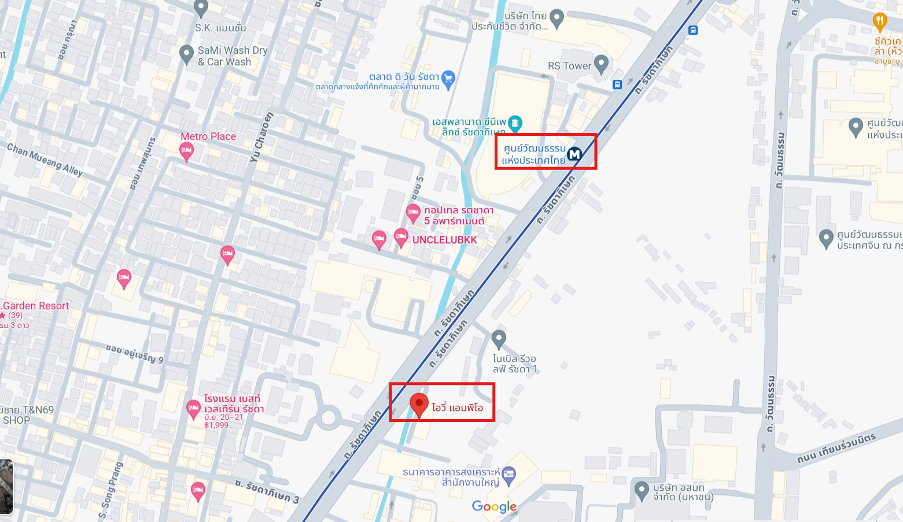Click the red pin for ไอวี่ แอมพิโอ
tap(419, 404)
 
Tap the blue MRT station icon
tap(574, 154)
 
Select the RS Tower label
tap(569, 66)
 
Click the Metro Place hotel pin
tap(186, 151)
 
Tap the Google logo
tap(494, 507)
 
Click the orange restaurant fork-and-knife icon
tap(879, 21)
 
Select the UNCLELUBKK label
tap(444, 240)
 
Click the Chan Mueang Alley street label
tap(45, 160)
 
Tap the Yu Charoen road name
tap(261, 137)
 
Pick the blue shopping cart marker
tap(448, 77)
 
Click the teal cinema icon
tap(515, 123)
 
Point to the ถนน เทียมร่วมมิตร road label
tap(836, 448)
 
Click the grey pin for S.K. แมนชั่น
tap(201, 8)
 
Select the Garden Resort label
tap(36, 306)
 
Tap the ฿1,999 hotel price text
tap(216, 425)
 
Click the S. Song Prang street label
tap(110, 490)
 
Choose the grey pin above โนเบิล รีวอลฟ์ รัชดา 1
tap(499, 339)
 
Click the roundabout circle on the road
tap(329, 417)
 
